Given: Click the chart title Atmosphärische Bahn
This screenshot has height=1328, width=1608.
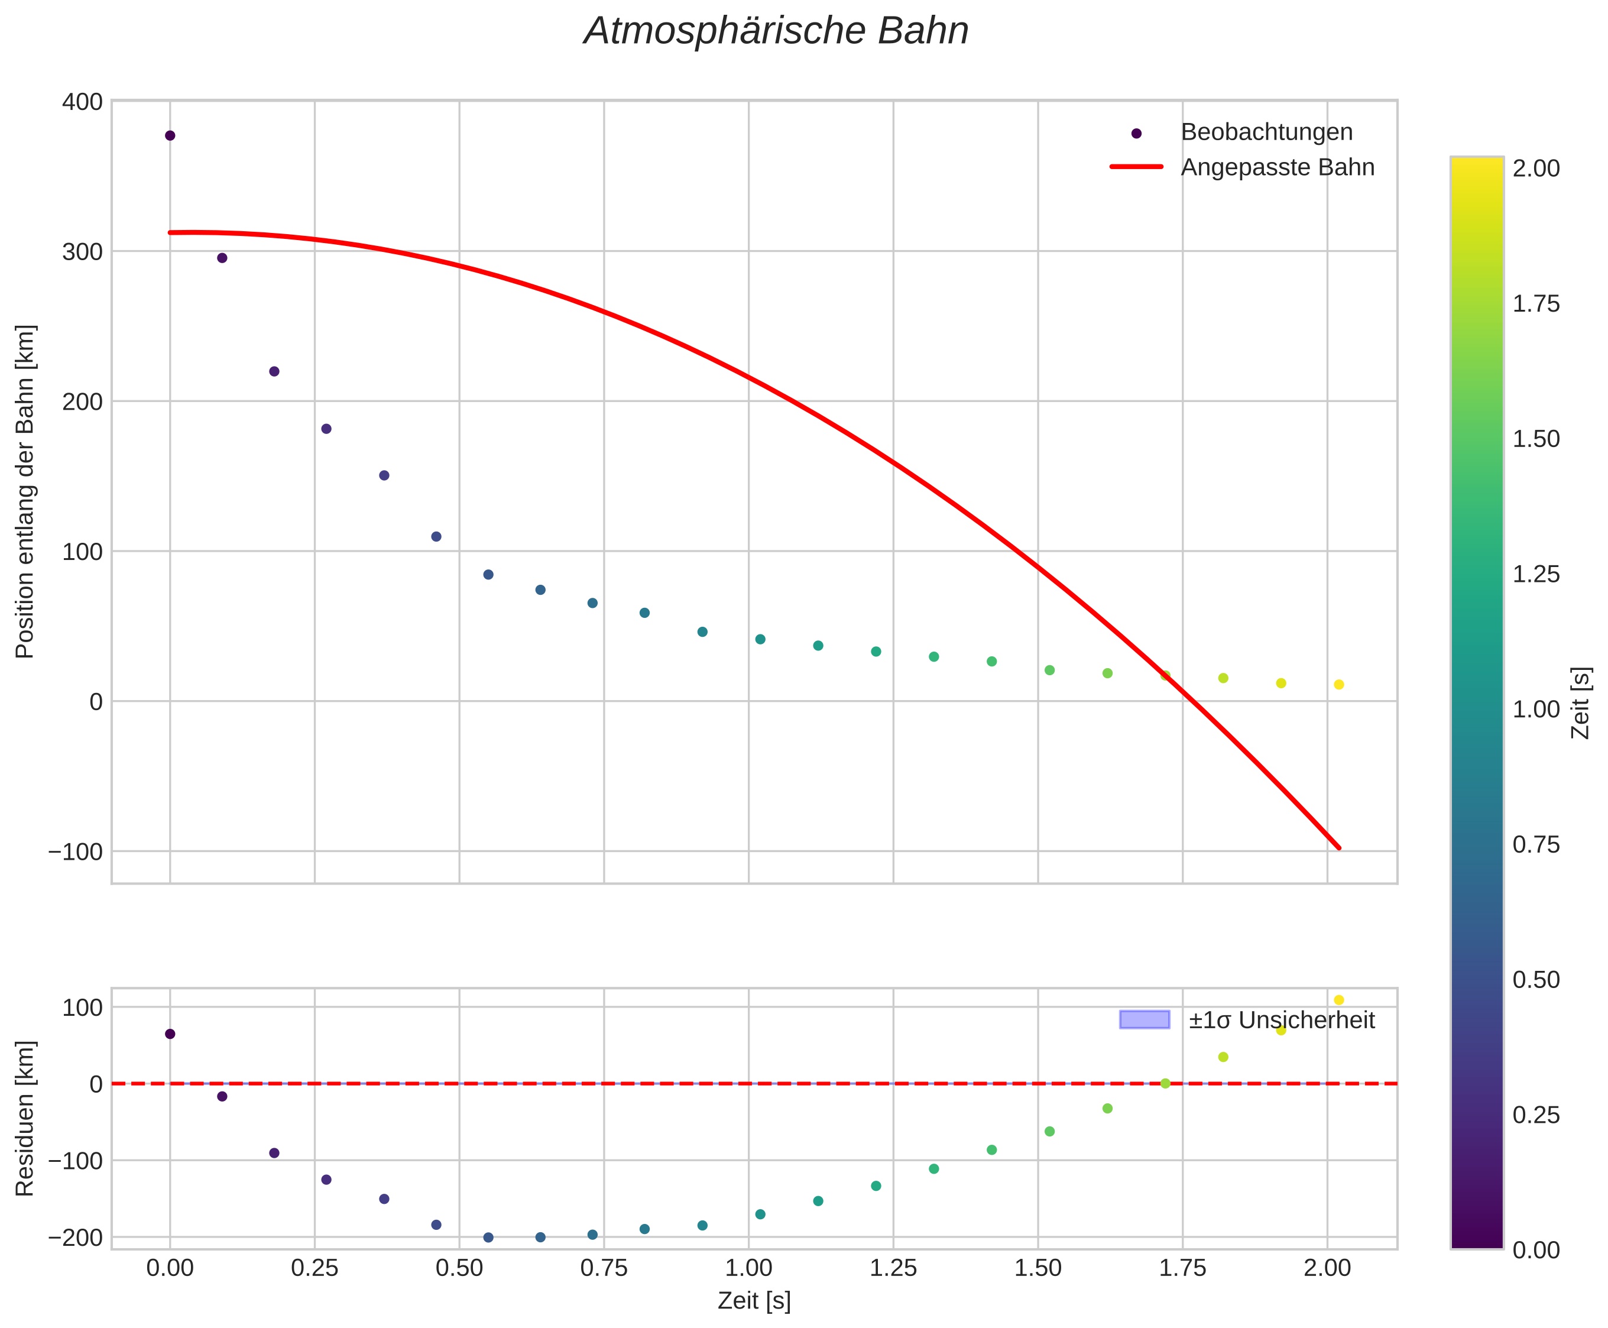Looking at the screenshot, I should point(776,32).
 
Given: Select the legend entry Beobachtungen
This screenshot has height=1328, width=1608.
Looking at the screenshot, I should point(1266,132).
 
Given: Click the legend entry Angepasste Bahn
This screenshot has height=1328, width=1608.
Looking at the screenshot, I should point(1277,167).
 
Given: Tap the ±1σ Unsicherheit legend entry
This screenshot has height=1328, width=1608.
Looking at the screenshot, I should point(1281,1021).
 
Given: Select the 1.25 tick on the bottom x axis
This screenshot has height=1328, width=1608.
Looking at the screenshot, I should point(893,1268).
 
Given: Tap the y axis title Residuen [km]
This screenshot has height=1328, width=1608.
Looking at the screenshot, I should point(25,1119).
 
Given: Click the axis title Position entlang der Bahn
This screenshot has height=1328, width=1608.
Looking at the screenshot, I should point(25,491).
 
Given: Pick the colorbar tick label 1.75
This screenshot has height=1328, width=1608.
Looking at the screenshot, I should point(1536,305).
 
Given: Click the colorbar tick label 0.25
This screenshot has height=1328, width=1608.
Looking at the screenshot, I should point(1536,1115).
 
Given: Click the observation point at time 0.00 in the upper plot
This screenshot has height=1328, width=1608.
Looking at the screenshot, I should point(170,135).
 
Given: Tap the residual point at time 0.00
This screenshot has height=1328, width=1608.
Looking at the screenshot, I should point(170,1034).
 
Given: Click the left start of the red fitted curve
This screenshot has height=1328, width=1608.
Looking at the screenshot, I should point(171,232).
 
